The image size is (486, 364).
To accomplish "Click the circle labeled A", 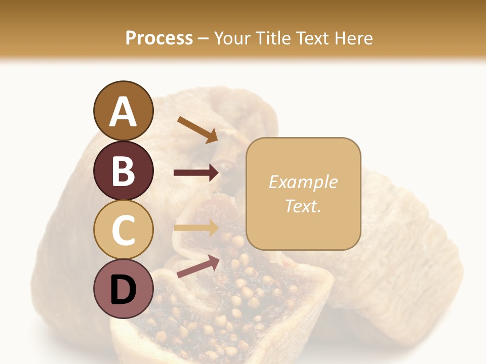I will click(x=123, y=111).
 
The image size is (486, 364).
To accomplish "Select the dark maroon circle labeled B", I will click(x=123, y=170).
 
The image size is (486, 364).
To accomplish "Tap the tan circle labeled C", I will click(x=123, y=230).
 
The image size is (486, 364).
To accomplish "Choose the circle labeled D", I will click(x=123, y=289).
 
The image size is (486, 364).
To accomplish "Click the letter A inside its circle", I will click(x=123, y=112).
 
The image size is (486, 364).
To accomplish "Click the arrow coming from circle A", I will click(x=197, y=129).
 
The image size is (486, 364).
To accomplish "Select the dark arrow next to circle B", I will click(x=196, y=173).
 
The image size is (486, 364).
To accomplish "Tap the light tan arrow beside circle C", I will click(x=196, y=228).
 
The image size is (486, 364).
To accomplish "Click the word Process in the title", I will click(x=159, y=38).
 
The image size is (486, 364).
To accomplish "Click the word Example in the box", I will click(x=303, y=182).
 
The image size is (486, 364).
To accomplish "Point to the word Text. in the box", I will click(x=303, y=206).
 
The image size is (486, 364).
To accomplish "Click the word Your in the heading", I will click(x=231, y=38).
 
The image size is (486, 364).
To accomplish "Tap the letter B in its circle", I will click(x=123, y=171).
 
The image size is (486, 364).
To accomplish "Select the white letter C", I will click(x=123, y=231).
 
